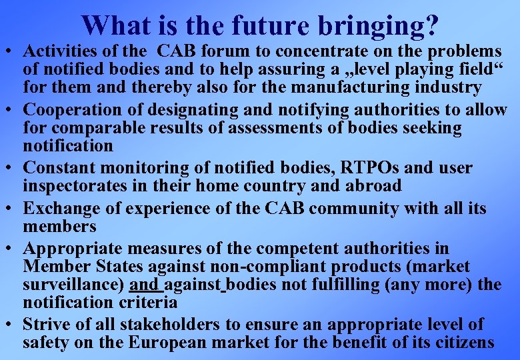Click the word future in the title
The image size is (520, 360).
point(269,25)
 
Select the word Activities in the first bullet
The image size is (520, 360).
point(58,51)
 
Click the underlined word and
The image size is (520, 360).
point(144,285)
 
